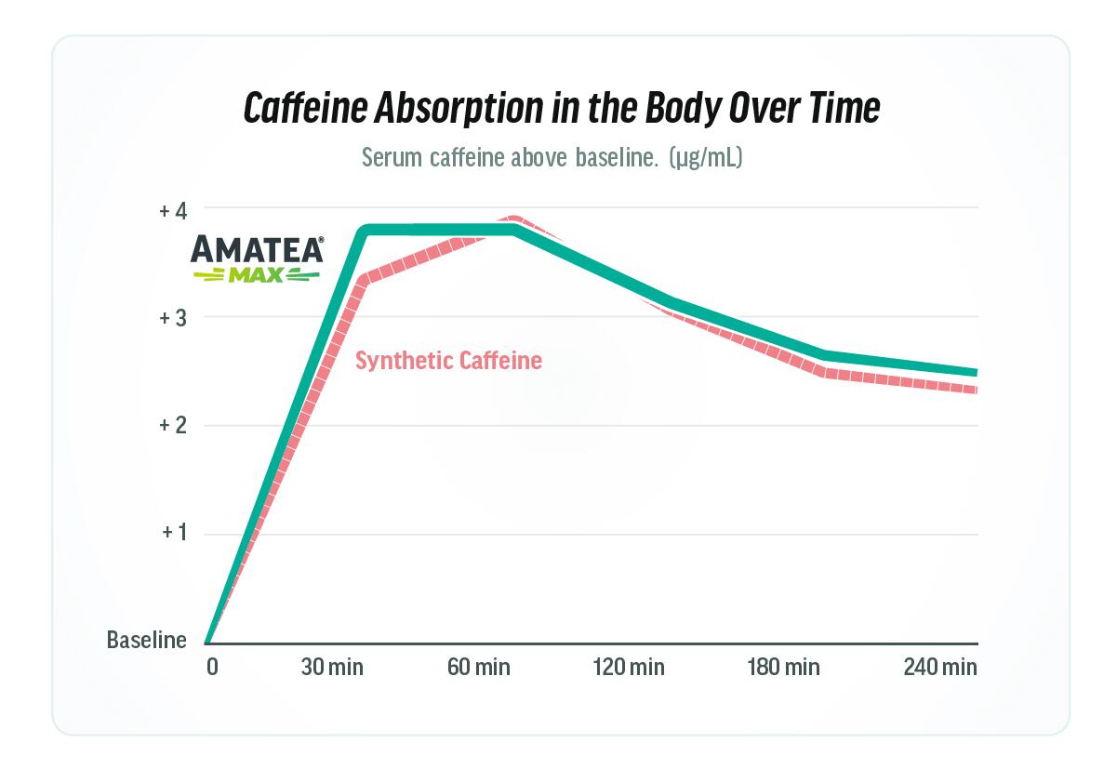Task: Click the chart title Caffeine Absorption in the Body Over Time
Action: [x=561, y=108]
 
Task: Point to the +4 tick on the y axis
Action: [x=173, y=210]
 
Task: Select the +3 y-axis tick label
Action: [x=173, y=318]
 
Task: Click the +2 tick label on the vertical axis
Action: [x=173, y=426]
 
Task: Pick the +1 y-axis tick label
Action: [x=174, y=534]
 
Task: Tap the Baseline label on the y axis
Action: [x=146, y=641]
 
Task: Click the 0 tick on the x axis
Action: [x=211, y=667]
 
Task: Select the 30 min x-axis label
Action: [x=332, y=667]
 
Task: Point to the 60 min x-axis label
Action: [x=479, y=667]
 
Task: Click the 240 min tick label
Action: [x=940, y=667]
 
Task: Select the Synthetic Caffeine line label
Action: [x=448, y=361]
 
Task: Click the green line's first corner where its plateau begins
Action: [x=367, y=230]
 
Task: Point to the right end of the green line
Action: [x=975, y=372]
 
